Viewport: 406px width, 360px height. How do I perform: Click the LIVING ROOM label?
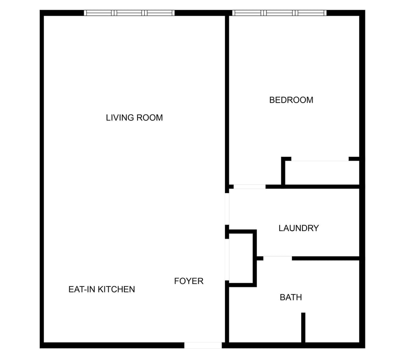point(134,118)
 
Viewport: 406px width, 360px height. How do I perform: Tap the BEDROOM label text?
point(291,100)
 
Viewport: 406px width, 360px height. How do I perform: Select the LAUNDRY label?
point(299,228)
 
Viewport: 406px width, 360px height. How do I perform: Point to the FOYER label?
point(189,281)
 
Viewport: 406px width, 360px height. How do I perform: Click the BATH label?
point(291,297)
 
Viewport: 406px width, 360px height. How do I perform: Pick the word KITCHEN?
point(116,289)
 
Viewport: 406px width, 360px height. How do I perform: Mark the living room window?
point(129,13)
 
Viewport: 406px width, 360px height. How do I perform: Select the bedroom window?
point(279,13)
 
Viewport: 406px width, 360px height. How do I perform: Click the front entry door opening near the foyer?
point(203,345)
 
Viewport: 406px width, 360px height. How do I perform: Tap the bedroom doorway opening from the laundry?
point(250,187)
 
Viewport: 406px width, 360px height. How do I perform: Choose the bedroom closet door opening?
point(320,159)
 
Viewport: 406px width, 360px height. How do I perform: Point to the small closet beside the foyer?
point(241,258)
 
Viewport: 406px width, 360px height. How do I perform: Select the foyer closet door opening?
point(227,260)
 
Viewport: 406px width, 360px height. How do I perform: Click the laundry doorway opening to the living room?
point(227,209)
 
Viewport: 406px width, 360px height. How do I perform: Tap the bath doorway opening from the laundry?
point(277,258)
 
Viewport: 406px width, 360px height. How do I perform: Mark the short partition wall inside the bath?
point(303,327)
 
